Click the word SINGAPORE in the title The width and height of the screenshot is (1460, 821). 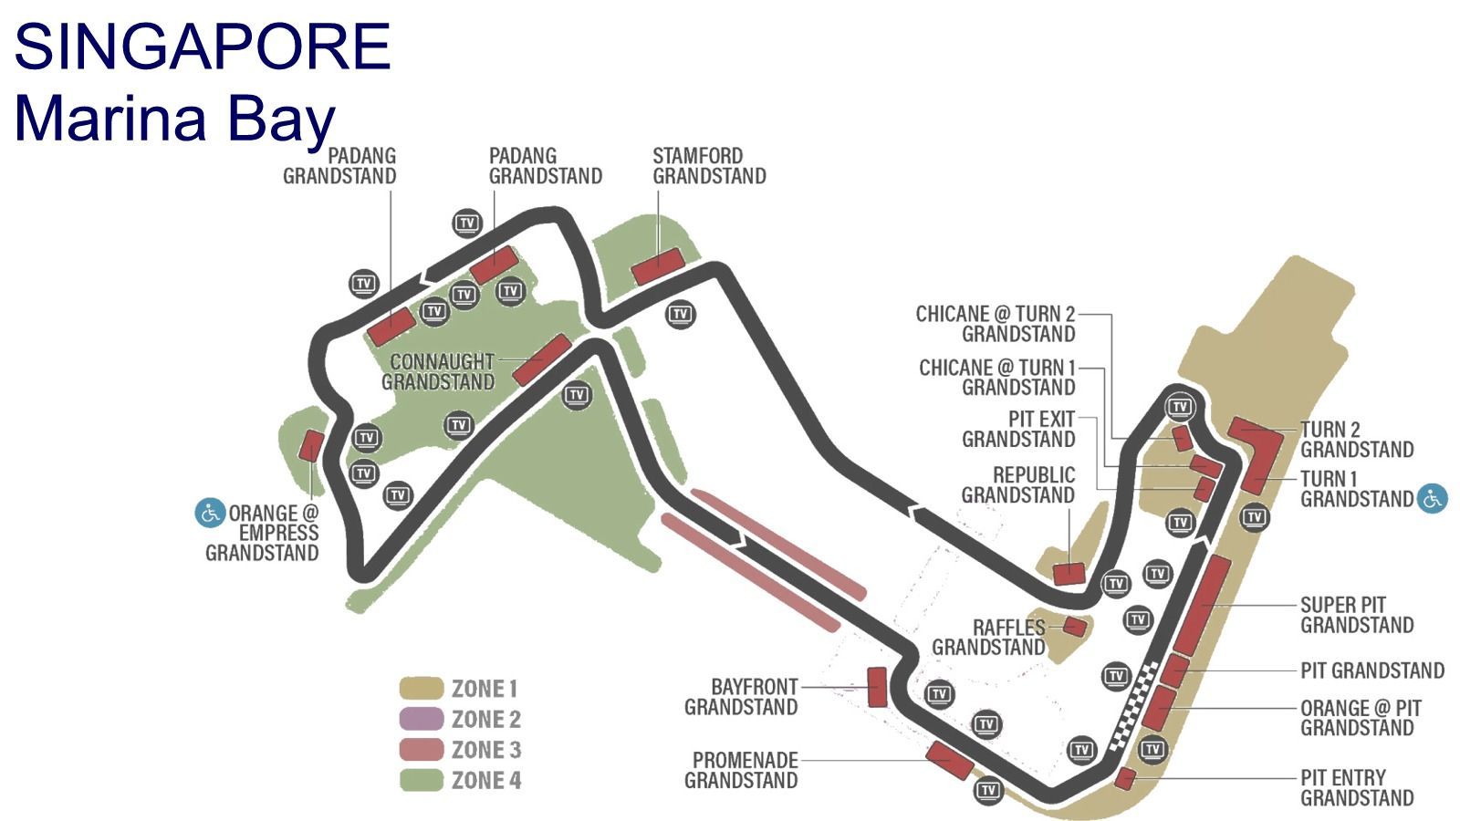(x=202, y=47)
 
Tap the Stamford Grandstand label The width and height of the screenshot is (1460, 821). (x=709, y=166)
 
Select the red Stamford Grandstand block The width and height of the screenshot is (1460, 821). (x=658, y=266)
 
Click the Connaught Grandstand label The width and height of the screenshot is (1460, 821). (x=438, y=371)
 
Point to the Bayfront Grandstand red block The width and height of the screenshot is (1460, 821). (x=877, y=687)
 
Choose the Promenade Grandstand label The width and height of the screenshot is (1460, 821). (x=741, y=770)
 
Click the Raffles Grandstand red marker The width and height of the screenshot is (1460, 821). (x=1075, y=627)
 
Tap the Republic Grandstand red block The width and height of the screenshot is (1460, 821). (x=1069, y=574)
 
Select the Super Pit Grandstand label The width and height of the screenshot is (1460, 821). (x=1357, y=615)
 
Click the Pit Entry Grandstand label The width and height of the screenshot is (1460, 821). (x=1357, y=788)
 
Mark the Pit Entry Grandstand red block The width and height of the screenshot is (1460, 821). (x=1126, y=779)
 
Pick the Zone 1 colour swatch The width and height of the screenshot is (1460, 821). (x=421, y=688)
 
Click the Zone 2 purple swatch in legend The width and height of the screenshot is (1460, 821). (x=421, y=719)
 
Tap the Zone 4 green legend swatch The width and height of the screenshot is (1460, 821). (x=421, y=780)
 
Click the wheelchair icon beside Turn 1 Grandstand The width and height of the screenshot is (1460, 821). (x=1433, y=499)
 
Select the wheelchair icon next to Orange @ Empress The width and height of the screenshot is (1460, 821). (x=210, y=514)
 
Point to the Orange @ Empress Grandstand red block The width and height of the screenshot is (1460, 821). (x=311, y=446)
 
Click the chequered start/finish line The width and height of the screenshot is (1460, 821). (x=1134, y=706)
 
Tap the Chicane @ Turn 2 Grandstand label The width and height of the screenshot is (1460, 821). (x=996, y=324)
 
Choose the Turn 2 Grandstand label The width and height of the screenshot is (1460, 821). (x=1357, y=440)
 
